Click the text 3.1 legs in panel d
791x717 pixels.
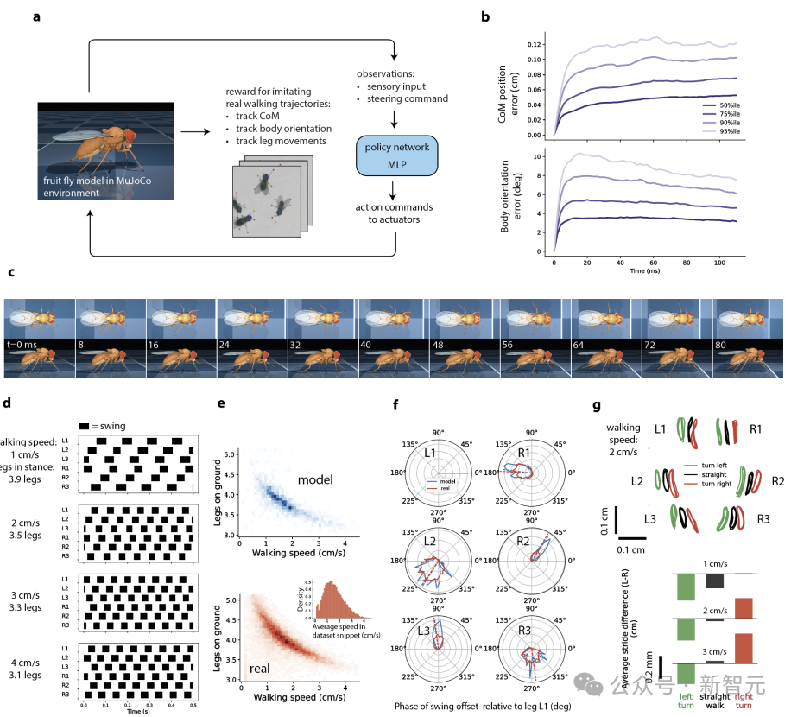30,674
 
